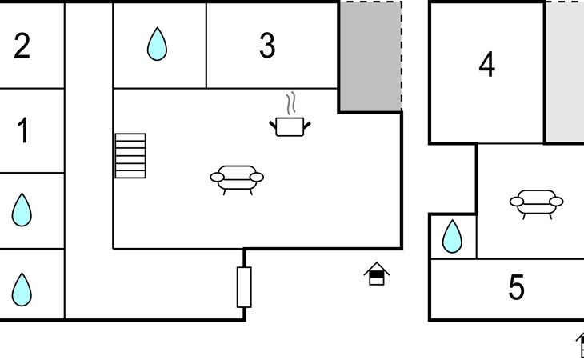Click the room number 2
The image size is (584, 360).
click(x=22, y=46)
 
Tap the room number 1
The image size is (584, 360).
click(x=22, y=130)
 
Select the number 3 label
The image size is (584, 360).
click(x=267, y=46)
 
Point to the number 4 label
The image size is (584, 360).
click(x=486, y=65)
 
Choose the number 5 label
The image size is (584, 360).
click(x=516, y=287)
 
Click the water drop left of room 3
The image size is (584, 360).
click(x=157, y=44)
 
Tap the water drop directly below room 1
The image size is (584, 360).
click(x=22, y=210)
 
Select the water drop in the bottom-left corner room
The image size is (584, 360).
click(x=22, y=290)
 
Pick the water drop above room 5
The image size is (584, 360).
click(x=452, y=237)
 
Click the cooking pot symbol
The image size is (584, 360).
click(x=290, y=127)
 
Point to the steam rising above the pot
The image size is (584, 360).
click(x=291, y=103)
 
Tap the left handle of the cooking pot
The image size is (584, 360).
click(x=273, y=125)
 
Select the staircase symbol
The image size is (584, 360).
click(x=130, y=156)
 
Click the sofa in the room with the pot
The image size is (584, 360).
click(x=237, y=180)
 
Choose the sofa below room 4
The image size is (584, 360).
click(x=536, y=204)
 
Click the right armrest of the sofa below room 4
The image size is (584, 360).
click(x=556, y=202)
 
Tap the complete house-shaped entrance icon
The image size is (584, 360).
click(x=377, y=274)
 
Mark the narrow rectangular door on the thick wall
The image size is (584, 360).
click(x=244, y=287)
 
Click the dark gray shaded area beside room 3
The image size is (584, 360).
click(x=371, y=56)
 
